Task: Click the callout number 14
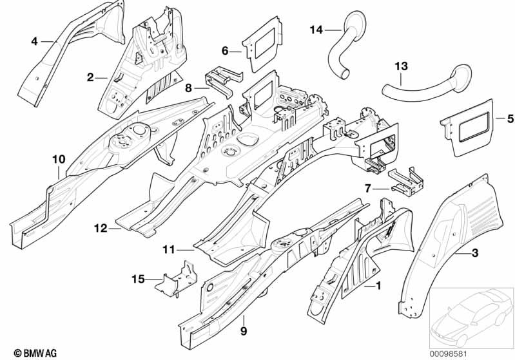(x=316, y=30)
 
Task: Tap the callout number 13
(x=402, y=66)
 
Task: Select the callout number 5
(x=510, y=118)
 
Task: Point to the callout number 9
(x=244, y=331)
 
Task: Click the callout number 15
(x=138, y=279)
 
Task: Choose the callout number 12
(x=101, y=228)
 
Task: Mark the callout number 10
(x=59, y=160)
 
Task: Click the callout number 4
(x=35, y=42)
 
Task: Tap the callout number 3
(x=474, y=253)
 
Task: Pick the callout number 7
(x=368, y=189)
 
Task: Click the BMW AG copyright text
(x=35, y=353)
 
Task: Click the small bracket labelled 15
(x=177, y=279)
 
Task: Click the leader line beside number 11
(x=186, y=250)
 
